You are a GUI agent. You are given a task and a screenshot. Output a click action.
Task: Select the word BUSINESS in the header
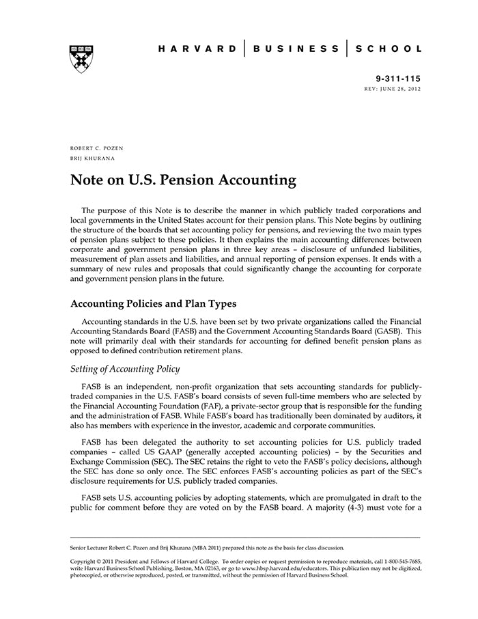pos(296,49)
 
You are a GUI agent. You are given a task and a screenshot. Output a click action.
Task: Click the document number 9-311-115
pos(397,79)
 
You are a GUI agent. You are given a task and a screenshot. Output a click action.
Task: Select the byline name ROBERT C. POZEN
pos(96,148)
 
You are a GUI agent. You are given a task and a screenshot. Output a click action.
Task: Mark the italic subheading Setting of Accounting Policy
pos(125,369)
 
